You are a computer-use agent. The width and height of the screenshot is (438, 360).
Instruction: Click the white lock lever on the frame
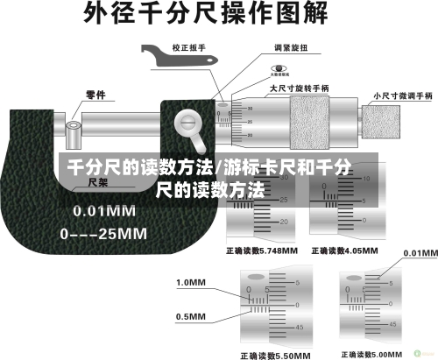coord(191,130)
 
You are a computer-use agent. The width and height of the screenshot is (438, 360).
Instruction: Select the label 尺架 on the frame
coord(98,183)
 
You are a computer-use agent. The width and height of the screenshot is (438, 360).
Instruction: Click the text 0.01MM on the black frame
coord(103,211)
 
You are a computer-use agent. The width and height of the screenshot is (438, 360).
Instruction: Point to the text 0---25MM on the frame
coord(102,234)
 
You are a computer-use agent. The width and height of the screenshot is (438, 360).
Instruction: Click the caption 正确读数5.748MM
coord(262,250)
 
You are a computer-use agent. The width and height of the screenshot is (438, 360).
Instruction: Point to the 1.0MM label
coord(191,283)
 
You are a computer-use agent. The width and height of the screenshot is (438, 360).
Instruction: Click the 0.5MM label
coord(191,316)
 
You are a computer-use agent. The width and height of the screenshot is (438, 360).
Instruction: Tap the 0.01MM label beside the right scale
coord(419,252)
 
